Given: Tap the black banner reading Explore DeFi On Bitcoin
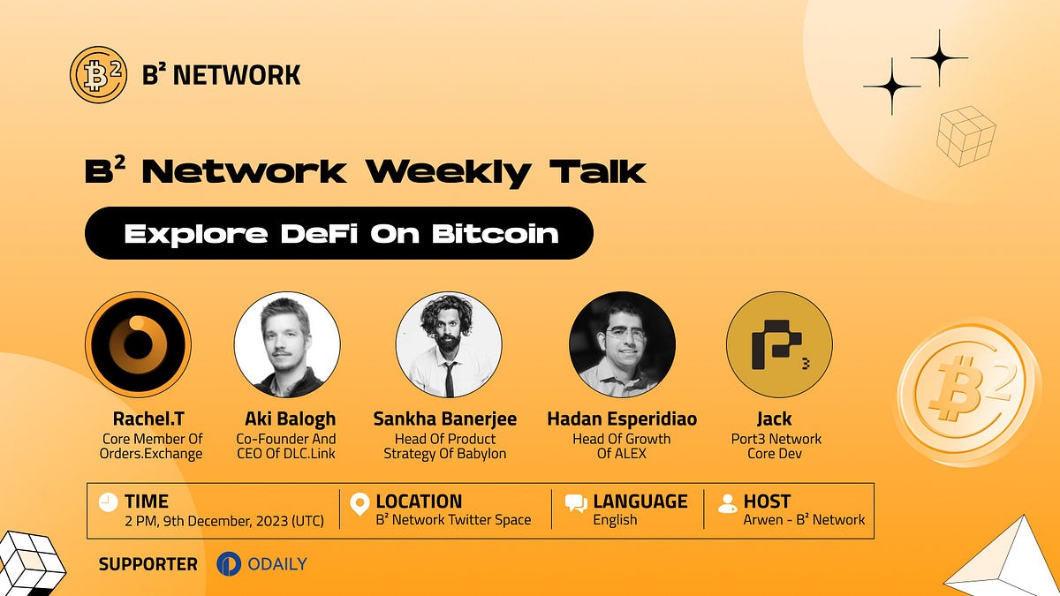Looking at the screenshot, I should point(338,233).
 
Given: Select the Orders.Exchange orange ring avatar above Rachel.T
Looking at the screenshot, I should point(138,344).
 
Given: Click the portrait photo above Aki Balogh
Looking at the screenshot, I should point(286,344).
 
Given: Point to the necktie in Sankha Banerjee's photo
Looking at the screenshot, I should point(450,375).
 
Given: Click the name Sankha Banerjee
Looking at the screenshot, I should point(445,419).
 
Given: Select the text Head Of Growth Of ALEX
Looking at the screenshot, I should point(621,446).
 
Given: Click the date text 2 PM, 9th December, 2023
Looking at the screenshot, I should point(223,520).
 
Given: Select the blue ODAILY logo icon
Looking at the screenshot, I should point(229,563).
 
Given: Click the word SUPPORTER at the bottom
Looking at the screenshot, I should point(148,564).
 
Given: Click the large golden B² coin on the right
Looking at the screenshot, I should point(966,392).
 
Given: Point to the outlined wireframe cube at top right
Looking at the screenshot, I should point(966,135).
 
